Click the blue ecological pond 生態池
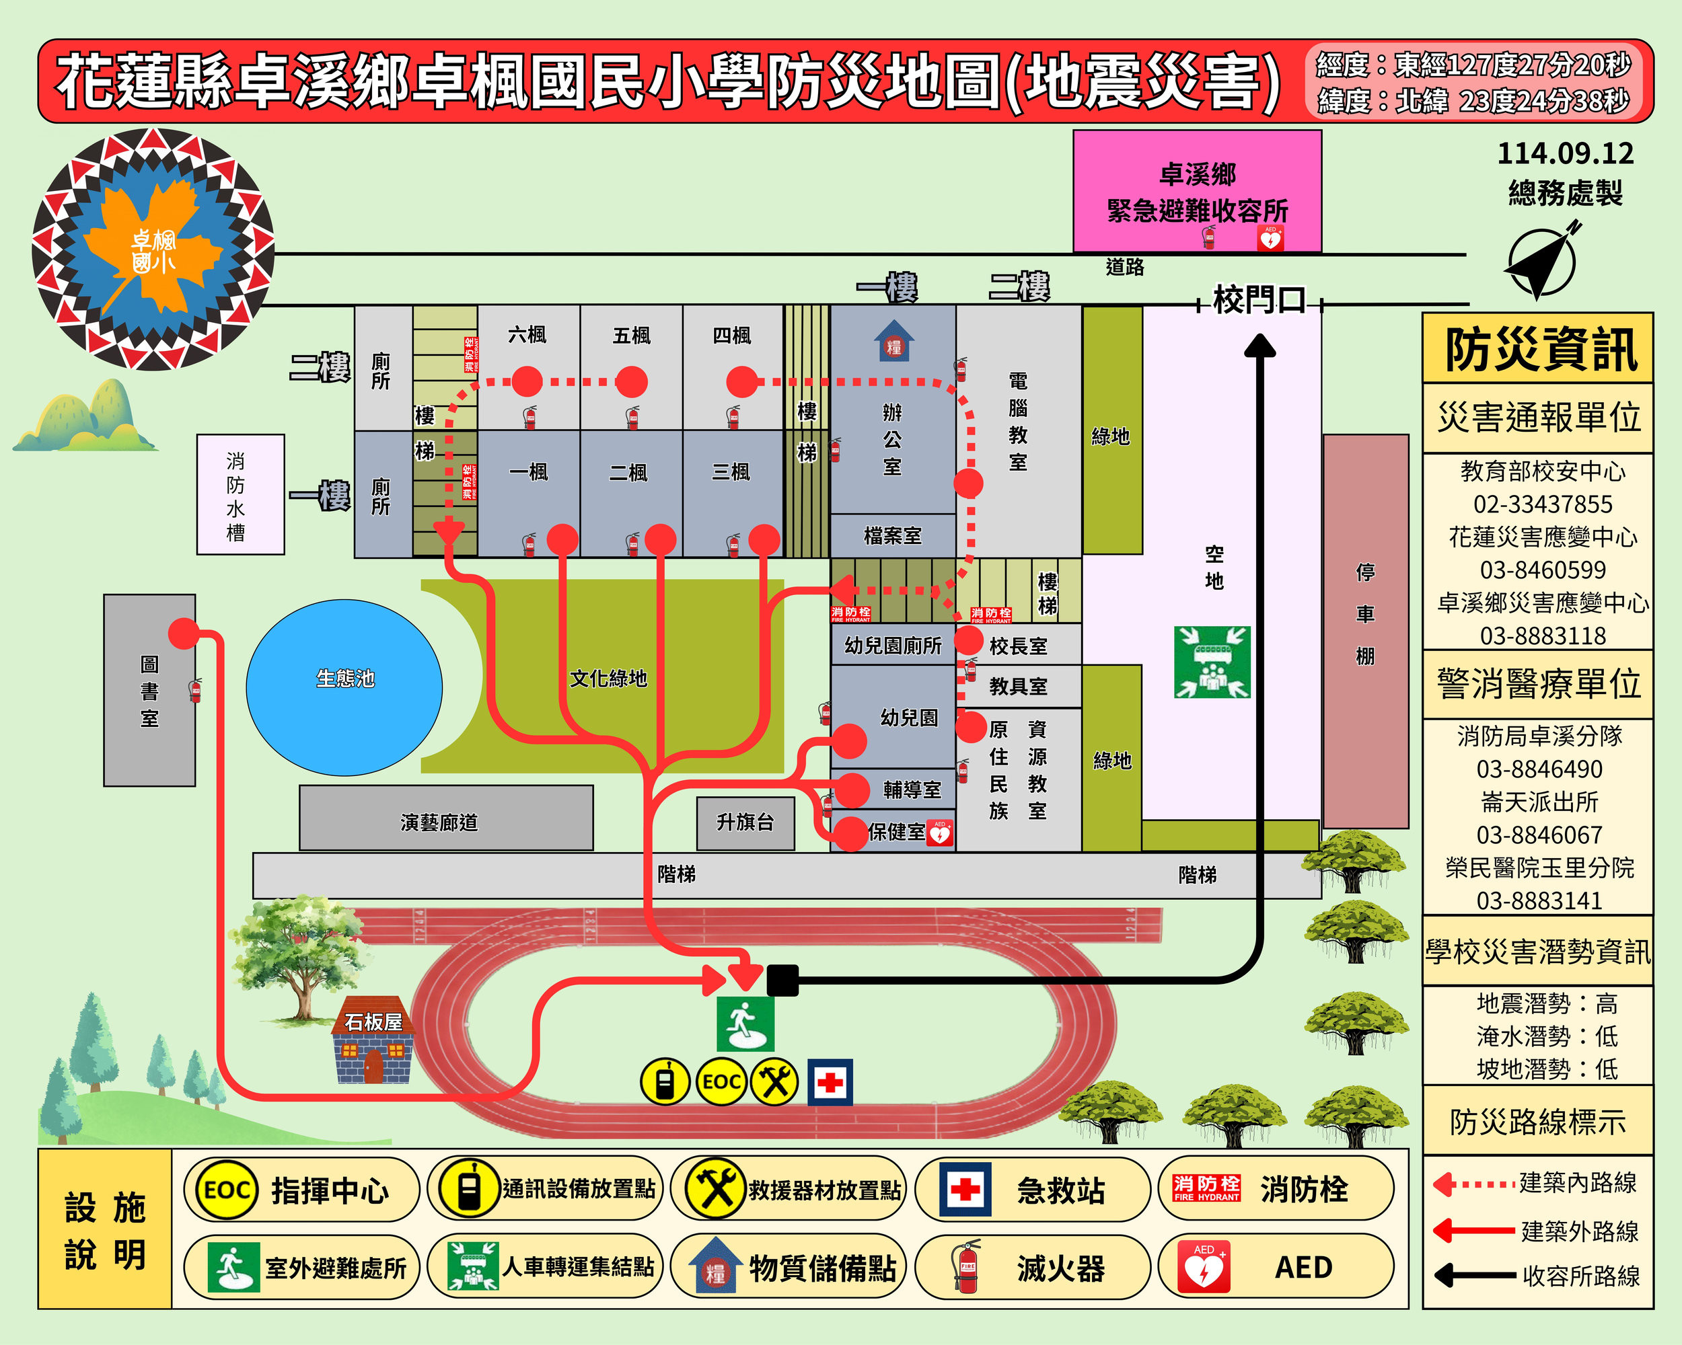point(344,686)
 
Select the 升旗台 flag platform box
point(745,822)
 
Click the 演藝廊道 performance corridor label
point(439,822)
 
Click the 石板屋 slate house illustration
point(373,1042)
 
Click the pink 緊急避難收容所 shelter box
point(1197,191)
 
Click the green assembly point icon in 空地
point(1212,662)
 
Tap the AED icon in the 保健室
point(940,833)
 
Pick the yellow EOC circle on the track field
point(721,1082)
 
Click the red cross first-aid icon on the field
point(830,1082)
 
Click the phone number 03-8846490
point(1539,769)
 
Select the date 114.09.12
point(1565,153)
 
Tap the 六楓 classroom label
point(527,336)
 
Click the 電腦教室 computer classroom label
point(1018,421)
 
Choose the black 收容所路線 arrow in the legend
point(1475,1276)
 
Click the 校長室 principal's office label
point(1018,646)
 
